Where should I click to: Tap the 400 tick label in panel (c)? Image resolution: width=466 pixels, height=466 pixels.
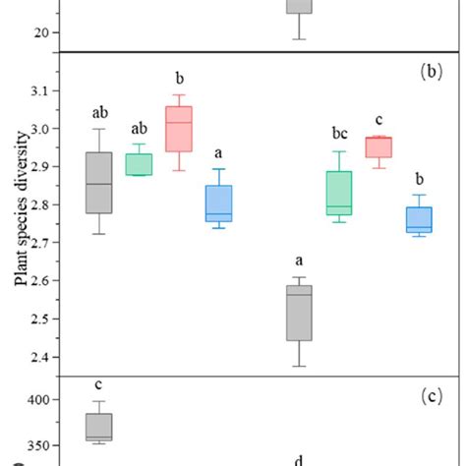tap(30, 399)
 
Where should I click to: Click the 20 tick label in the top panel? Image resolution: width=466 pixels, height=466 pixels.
tap(40, 32)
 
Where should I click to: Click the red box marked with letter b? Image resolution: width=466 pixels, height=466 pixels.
tap(179, 129)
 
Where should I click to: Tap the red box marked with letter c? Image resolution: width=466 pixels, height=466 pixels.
tap(379, 146)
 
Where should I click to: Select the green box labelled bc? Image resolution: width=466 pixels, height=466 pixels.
tap(339, 193)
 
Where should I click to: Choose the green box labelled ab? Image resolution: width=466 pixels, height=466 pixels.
tap(139, 164)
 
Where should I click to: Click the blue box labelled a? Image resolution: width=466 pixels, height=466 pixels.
tap(218, 203)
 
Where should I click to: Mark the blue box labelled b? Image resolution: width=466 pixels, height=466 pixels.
tap(418, 218)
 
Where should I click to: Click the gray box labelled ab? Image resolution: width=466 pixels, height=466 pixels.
tap(98, 182)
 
